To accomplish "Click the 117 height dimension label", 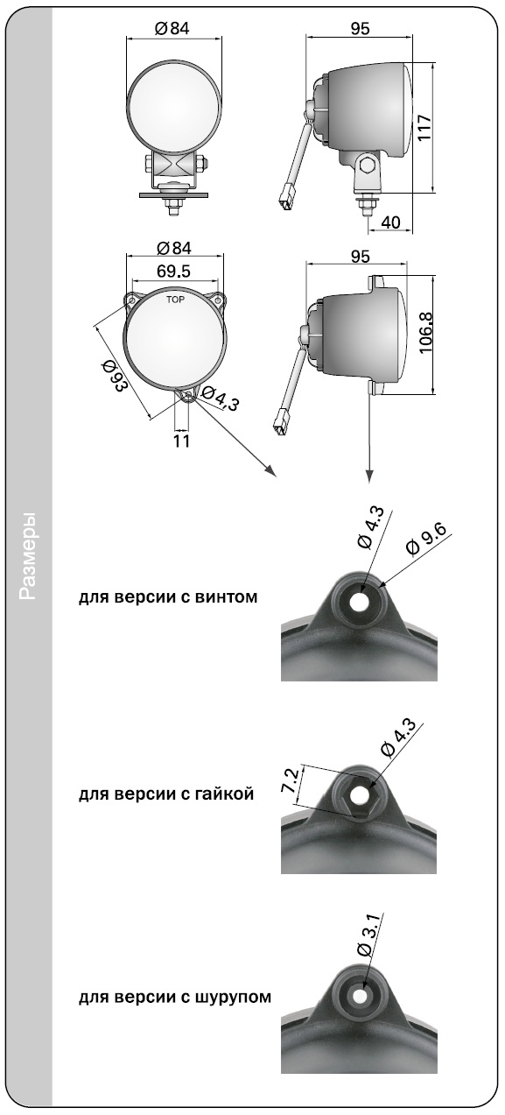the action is click(424, 128).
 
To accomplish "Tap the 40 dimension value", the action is click(390, 222).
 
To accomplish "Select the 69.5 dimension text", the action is click(173, 271).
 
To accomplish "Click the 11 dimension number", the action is click(181, 441).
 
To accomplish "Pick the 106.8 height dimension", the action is click(426, 333).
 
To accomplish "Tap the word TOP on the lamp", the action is click(175, 300).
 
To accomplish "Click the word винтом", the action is click(227, 596).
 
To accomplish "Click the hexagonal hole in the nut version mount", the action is click(358, 796).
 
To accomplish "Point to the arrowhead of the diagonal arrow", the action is click(270, 471).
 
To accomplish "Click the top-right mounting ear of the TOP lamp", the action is click(217, 300).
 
